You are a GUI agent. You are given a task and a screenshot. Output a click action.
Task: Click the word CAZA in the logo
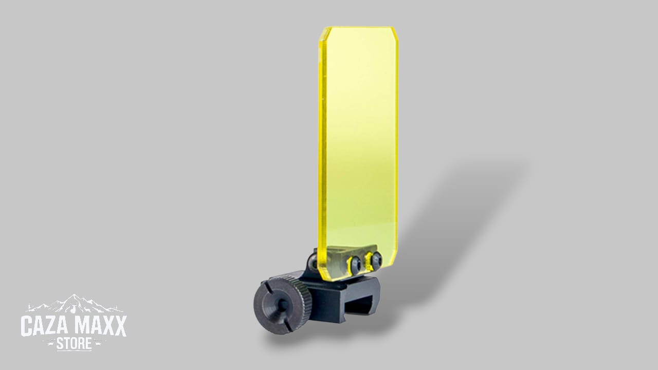pyautogui.click(x=44, y=326)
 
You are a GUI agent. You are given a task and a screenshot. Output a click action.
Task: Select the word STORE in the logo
pyautogui.click(x=74, y=344)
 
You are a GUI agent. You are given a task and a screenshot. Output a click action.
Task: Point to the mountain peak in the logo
pyautogui.click(x=75, y=298)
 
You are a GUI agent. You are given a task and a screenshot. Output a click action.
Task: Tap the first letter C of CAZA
pyautogui.click(x=27, y=326)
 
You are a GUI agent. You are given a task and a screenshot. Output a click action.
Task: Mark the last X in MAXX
pyautogui.click(x=119, y=326)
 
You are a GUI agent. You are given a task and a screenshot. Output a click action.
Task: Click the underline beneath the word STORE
pyautogui.click(x=74, y=350)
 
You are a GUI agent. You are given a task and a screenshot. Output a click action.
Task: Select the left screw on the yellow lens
pyautogui.click(x=355, y=263)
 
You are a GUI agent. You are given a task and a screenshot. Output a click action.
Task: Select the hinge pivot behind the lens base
pyautogui.click(x=313, y=262)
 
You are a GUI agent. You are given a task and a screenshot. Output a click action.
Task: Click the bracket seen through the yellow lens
pyautogui.click(x=339, y=259)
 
